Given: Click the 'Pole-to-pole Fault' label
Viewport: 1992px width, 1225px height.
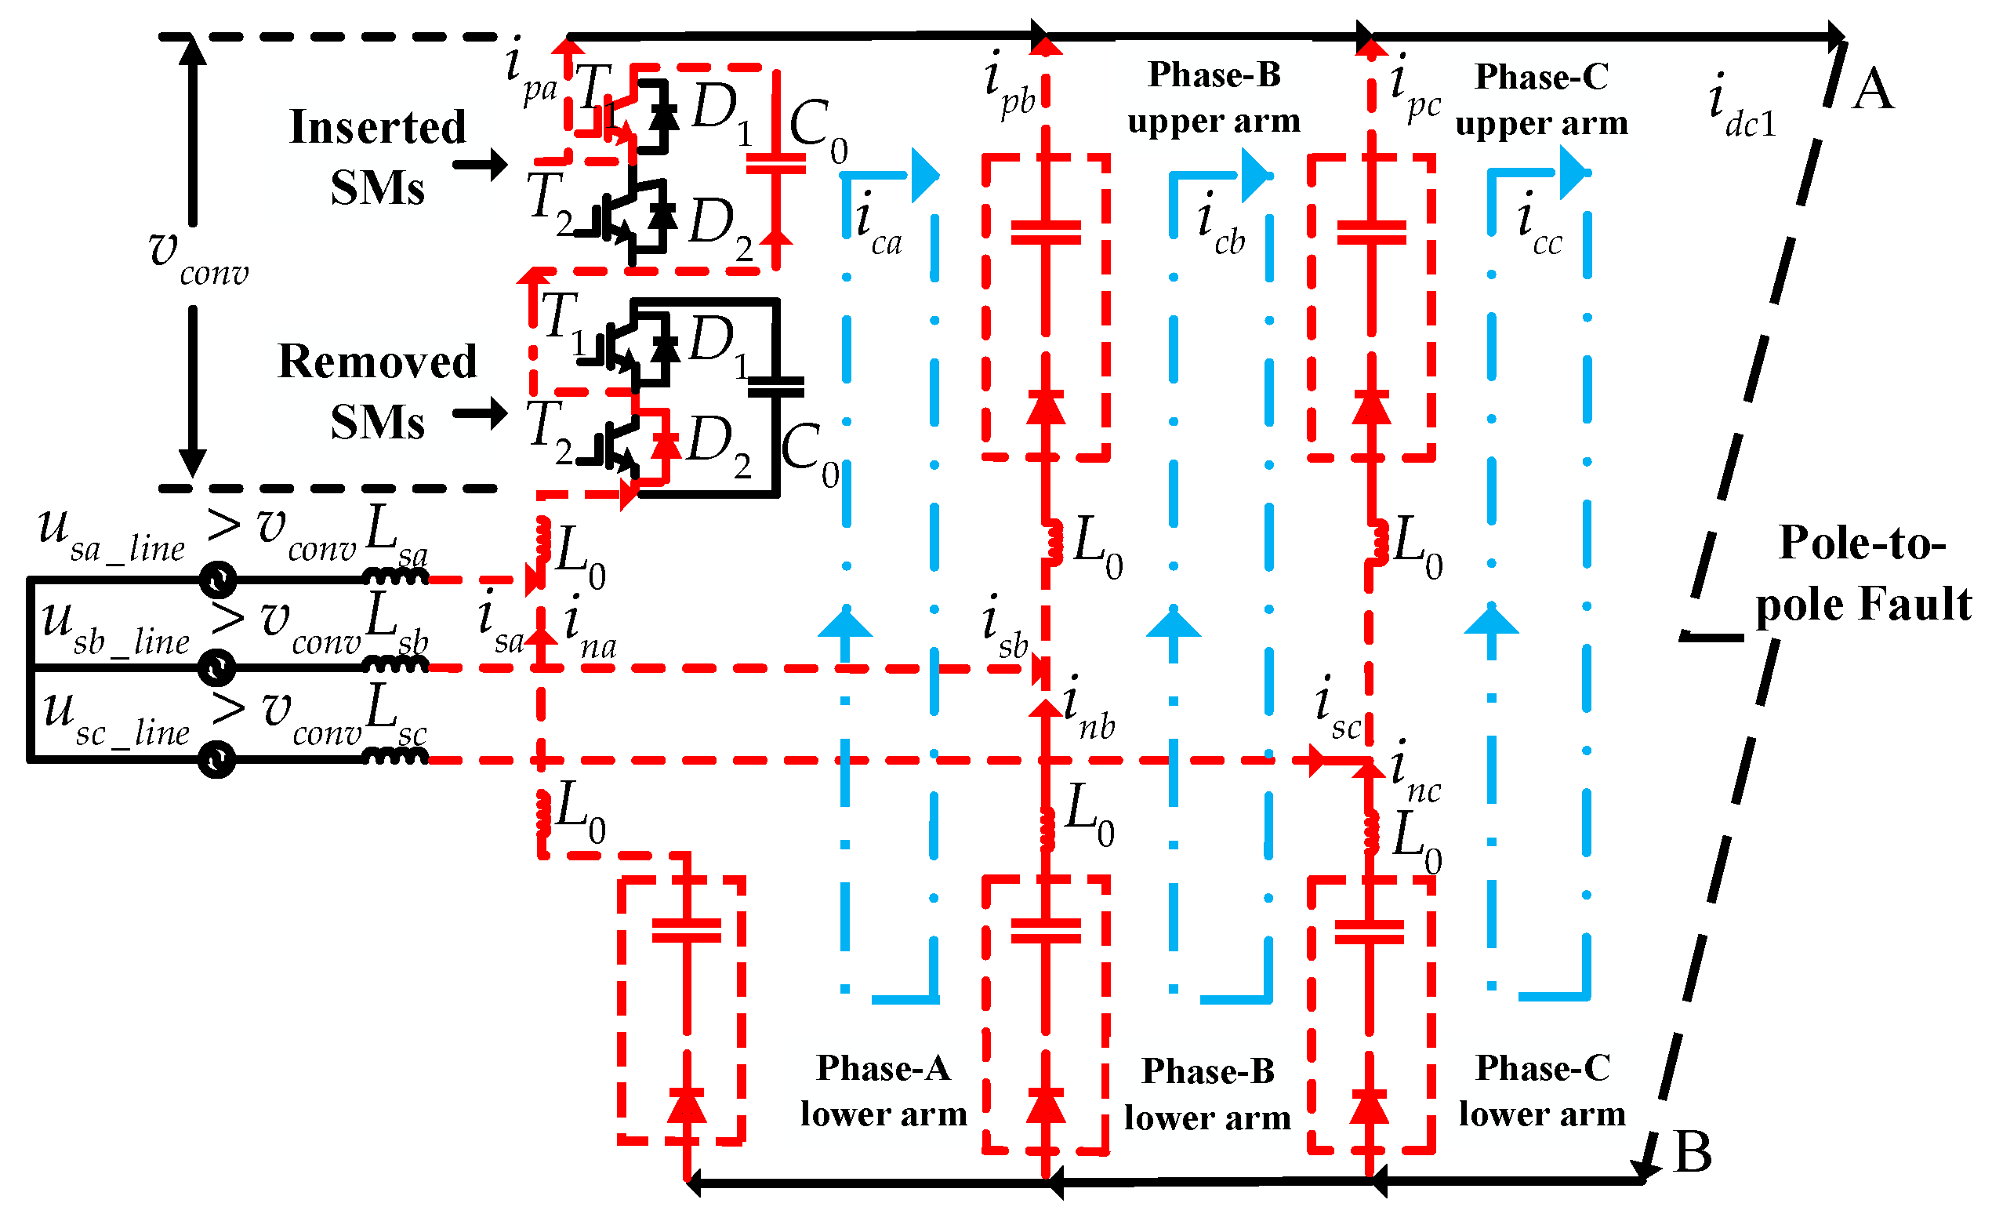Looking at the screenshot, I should [1863, 573].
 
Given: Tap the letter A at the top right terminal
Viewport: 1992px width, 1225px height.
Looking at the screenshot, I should [1873, 89].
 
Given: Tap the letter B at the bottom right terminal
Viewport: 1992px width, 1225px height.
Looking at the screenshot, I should [1693, 1152].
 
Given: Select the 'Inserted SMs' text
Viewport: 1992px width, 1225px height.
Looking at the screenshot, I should [377, 156].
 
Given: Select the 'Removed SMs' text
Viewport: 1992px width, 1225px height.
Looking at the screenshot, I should [377, 391].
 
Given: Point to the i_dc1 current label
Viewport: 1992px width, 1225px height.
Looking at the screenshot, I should [1741, 109].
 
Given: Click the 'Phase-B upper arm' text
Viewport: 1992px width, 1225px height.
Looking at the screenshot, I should [1214, 97].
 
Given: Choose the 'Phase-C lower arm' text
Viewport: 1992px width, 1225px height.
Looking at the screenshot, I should [1543, 1091].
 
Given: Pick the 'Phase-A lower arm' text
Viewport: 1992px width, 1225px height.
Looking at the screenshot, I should [884, 1091].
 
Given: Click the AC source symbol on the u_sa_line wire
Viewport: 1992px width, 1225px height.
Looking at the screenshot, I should [218, 580].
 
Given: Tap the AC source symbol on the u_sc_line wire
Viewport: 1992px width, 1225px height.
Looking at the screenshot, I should [216, 760].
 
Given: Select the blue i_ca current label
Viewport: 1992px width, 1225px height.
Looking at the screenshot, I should [878, 224].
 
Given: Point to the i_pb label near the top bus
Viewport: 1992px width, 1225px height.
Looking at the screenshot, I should [1009, 85].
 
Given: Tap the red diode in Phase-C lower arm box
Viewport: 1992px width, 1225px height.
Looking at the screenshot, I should [1370, 1107].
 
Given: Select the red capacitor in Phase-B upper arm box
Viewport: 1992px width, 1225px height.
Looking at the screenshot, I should [1047, 232].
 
